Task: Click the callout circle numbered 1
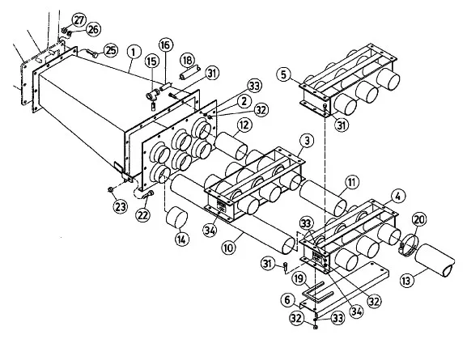point(134,52)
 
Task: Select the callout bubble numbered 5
point(283,74)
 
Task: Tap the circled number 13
point(406,280)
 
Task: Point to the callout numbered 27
point(79,20)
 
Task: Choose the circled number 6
point(287,300)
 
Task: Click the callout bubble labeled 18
point(187,60)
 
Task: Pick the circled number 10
point(229,248)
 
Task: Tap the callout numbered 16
point(165,45)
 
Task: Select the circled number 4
point(398,196)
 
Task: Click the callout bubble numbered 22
point(142,214)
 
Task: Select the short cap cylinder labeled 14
point(176,218)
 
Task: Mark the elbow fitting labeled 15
point(152,97)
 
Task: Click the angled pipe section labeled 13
point(435,260)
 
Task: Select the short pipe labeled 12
point(231,146)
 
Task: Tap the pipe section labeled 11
point(324,197)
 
